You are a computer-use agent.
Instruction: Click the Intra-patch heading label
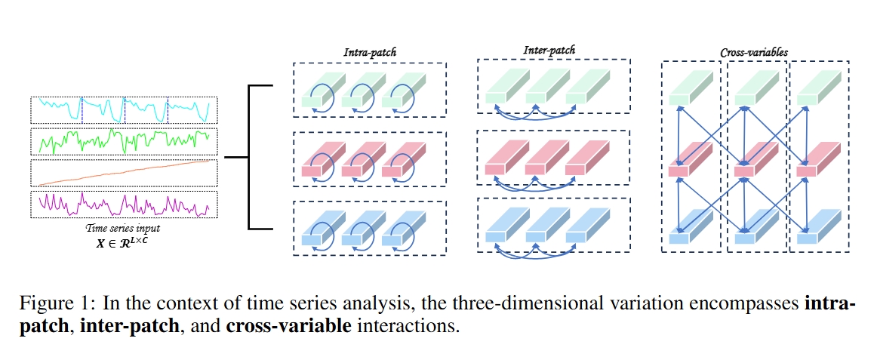coord(370,54)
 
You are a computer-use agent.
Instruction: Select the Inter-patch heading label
coord(549,51)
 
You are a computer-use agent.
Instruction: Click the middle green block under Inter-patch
coord(547,88)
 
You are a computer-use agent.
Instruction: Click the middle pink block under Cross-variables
coord(755,161)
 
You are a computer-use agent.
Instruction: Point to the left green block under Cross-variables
coord(691,90)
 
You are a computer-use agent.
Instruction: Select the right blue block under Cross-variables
coord(819,229)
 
